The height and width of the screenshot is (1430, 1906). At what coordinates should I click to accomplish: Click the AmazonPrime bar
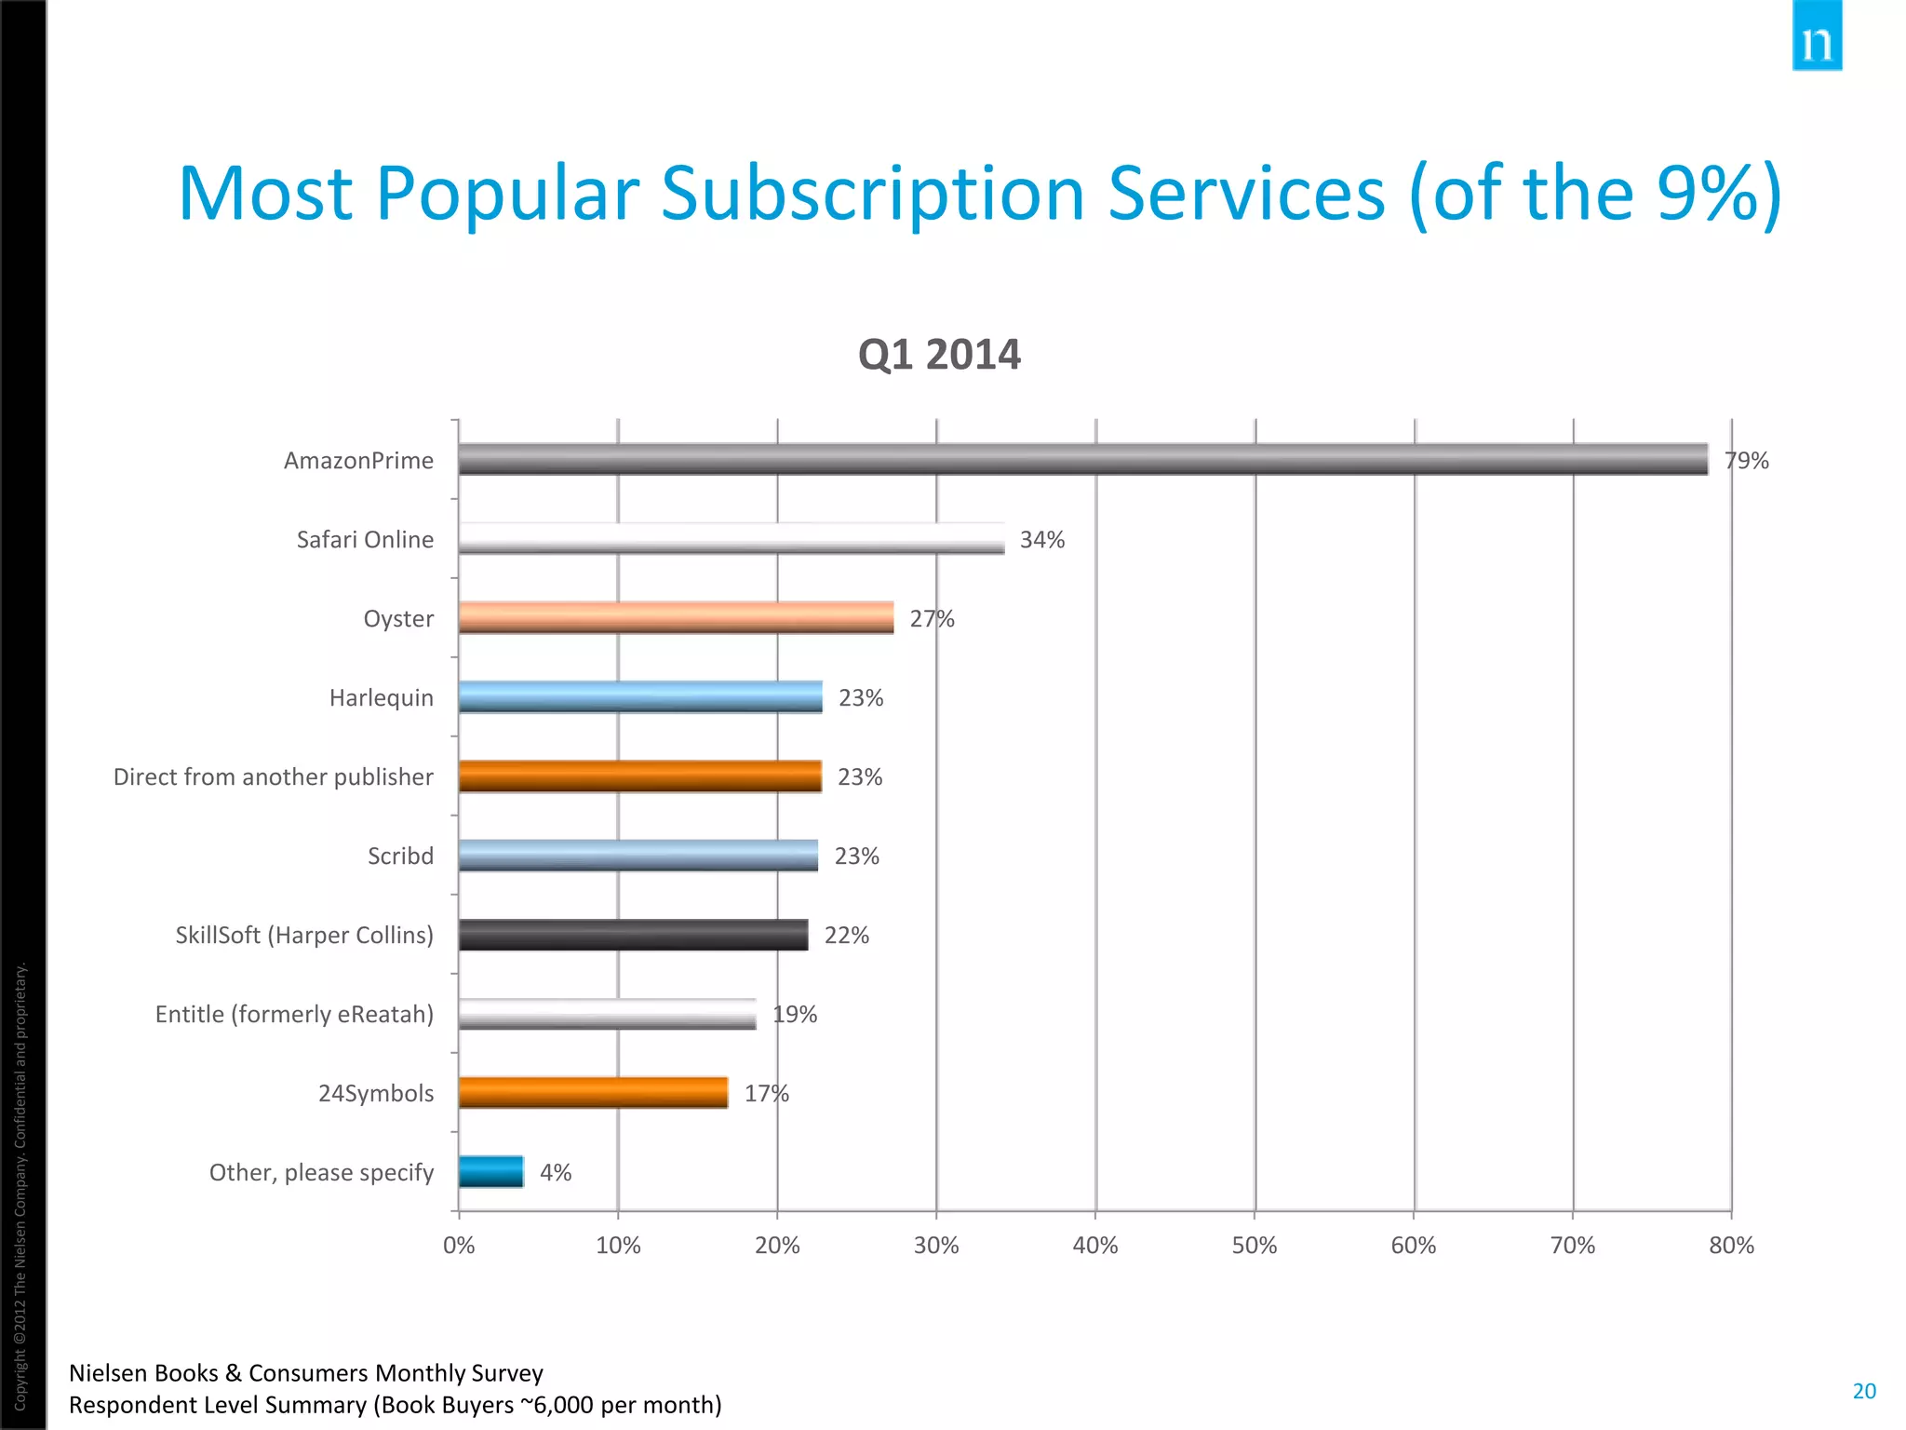click(1082, 460)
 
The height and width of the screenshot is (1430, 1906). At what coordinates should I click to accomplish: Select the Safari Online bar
click(732, 539)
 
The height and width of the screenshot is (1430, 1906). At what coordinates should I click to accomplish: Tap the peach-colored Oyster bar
click(676, 618)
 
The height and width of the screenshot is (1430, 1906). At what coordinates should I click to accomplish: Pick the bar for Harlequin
click(640, 697)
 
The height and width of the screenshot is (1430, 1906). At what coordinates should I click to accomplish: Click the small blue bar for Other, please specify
click(491, 1172)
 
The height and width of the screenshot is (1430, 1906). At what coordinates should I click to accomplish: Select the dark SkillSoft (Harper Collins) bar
click(633, 935)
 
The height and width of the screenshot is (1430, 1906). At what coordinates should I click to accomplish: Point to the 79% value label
click(1746, 461)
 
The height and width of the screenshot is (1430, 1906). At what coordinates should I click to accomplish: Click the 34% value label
click(1042, 540)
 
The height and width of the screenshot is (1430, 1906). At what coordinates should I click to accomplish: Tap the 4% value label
click(556, 1172)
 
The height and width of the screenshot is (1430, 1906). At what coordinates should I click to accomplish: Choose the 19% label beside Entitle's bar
click(795, 1014)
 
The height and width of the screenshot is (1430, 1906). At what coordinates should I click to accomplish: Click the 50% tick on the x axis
click(1255, 1246)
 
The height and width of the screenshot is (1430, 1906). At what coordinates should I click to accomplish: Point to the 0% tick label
click(459, 1246)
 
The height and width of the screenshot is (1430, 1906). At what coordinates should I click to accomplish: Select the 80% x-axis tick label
click(1731, 1246)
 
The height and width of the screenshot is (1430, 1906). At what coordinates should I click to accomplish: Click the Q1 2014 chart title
click(939, 355)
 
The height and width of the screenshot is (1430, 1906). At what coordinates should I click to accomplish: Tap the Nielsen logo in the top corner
click(1817, 37)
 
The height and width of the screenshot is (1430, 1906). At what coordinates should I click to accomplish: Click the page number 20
click(1864, 1391)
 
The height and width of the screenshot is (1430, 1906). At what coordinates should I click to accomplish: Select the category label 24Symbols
click(376, 1093)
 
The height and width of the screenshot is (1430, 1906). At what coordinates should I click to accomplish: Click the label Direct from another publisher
click(273, 776)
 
